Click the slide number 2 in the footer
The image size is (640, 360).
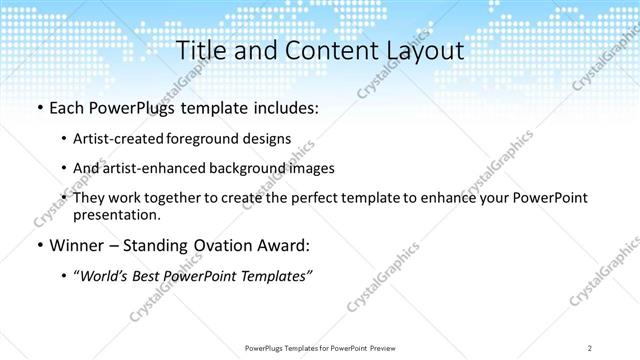[590, 347]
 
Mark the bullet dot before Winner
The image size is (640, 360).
[38, 246]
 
